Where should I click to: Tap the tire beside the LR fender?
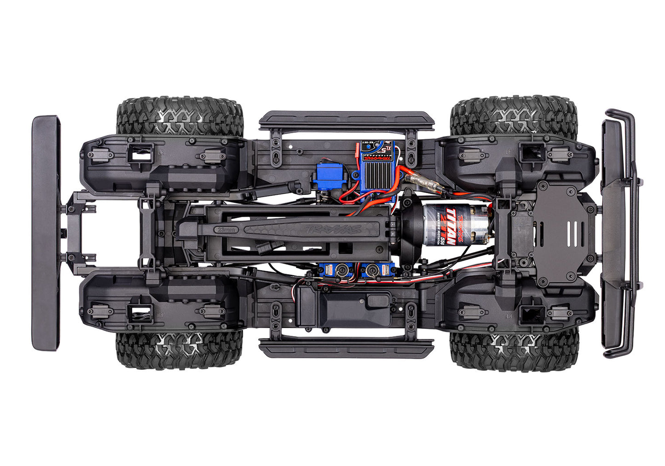click(179, 115)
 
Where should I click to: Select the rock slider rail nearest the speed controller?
click(346, 121)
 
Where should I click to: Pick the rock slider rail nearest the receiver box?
click(346, 348)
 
